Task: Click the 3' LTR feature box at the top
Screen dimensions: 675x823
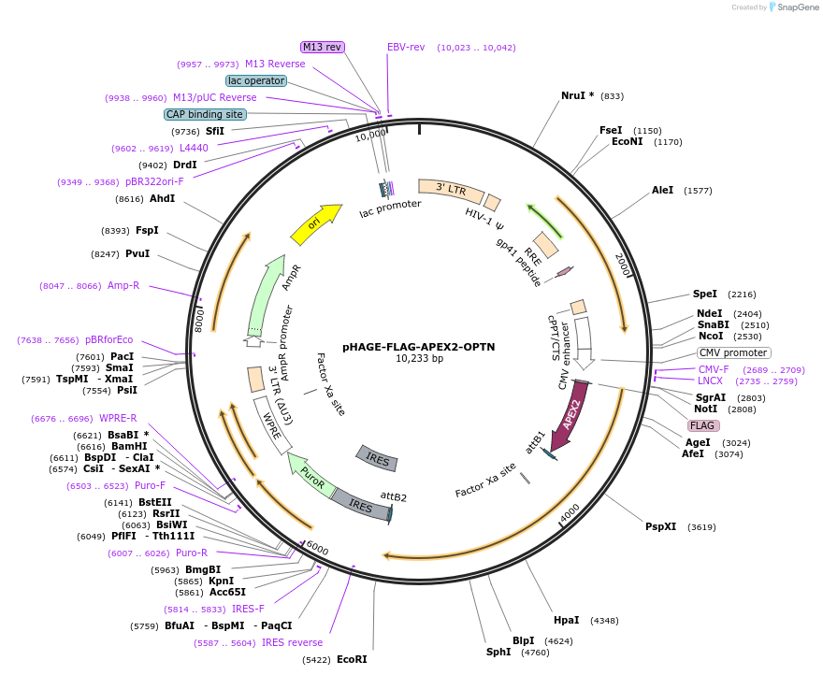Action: [451, 191]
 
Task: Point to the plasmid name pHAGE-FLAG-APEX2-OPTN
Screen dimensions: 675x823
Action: [418, 346]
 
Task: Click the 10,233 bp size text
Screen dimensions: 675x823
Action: [419, 358]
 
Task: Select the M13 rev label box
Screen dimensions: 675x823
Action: [322, 47]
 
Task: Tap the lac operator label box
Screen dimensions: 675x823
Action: [256, 80]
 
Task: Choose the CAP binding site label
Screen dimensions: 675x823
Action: [205, 114]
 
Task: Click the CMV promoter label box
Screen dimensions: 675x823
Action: [733, 352]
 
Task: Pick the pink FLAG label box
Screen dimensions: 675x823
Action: [703, 425]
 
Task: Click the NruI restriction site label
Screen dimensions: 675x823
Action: [577, 95]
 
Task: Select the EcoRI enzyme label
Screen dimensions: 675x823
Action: [352, 659]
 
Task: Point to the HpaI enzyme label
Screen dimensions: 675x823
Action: [566, 620]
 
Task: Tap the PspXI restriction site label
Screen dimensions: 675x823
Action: [660, 526]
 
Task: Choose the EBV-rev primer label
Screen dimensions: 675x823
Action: [406, 47]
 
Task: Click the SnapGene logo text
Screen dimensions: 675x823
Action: [798, 7]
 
